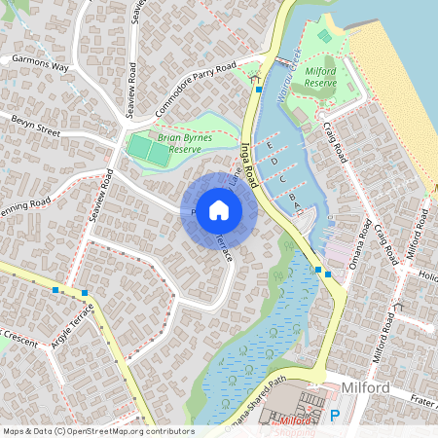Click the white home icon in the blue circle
[x=219, y=209]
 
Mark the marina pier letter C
[x=281, y=179]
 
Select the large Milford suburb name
[x=366, y=388]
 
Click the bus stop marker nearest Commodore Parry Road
[x=260, y=90]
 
